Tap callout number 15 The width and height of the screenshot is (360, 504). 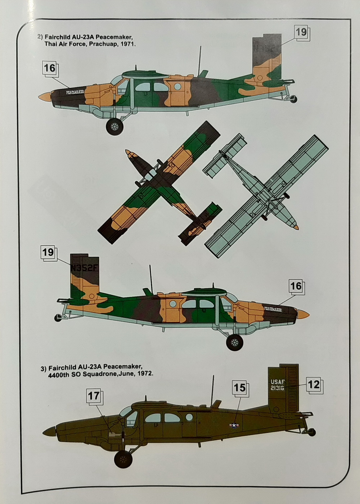[x=239, y=388]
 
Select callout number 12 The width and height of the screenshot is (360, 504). [x=314, y=384]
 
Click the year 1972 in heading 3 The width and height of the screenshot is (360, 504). [x=145, y=374]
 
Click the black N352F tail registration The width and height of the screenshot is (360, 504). [x=84, y=268]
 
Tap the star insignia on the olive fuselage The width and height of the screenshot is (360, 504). [x=234, y=425]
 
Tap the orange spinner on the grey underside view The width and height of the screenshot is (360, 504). [x=296, y=227]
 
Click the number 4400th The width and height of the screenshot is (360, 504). [x=59, y=374]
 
